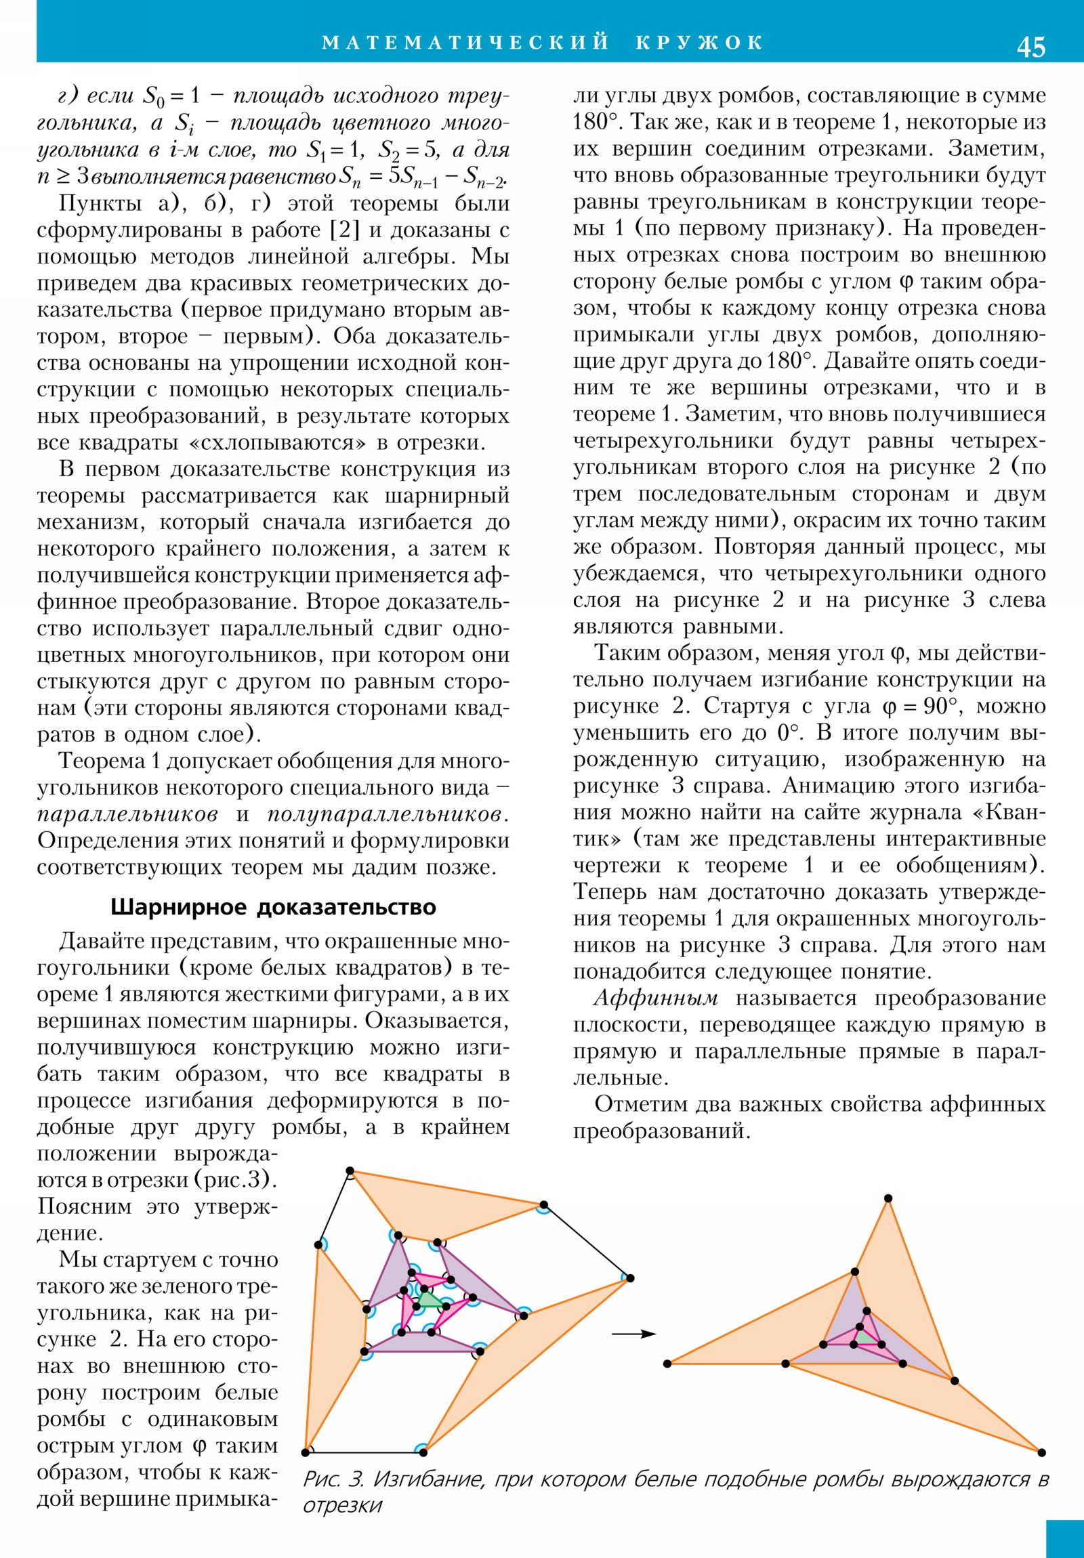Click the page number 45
1030,47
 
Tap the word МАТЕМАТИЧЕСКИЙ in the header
465,43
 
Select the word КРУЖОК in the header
700,43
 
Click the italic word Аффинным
656,998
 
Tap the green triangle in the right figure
864,1336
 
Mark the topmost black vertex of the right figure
888,1198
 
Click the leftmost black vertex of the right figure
667,1363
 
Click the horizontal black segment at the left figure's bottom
364,1452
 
